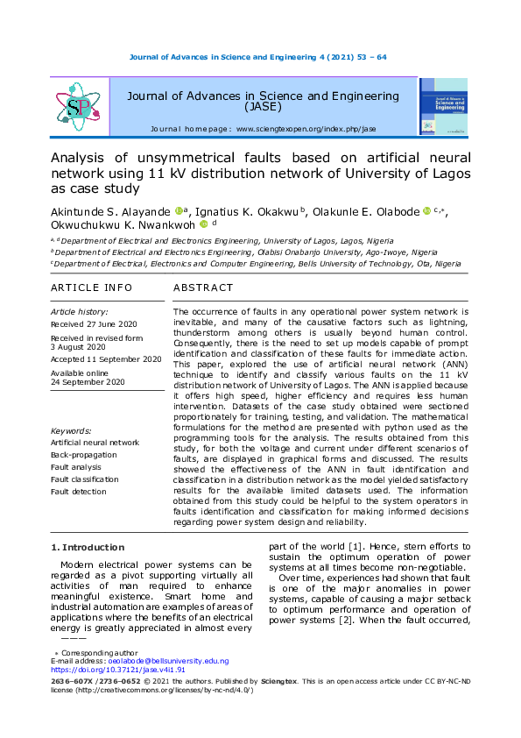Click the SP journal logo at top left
78,107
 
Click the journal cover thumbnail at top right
444,107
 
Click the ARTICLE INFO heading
92,287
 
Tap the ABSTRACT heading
203,287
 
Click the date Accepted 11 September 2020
105,358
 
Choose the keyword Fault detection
79,492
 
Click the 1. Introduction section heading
88,548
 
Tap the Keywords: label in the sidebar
71,430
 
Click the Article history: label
80,311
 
